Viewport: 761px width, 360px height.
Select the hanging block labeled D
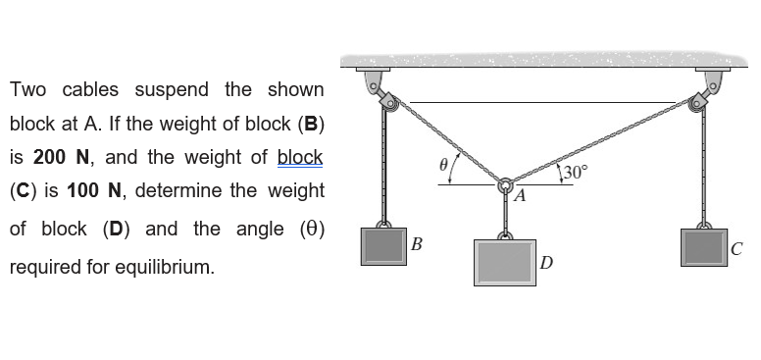click(506, 261)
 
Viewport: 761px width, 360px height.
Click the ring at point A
click(506, 184)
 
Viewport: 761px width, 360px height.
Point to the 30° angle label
click(574, 173)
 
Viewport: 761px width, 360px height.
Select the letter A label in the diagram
click(520, 196)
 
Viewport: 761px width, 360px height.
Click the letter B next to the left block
click(417, 242)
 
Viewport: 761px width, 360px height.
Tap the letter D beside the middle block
click(546, 262)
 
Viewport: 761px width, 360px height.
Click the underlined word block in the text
click(300, 157)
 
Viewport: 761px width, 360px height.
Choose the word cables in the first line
click(90, 90)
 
